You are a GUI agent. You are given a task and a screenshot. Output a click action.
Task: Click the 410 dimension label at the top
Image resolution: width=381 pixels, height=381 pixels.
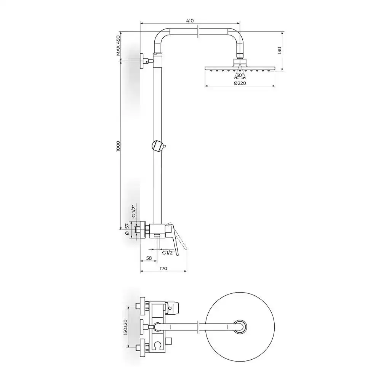190,21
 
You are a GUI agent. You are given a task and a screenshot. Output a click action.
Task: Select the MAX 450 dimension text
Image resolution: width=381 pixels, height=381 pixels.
118,46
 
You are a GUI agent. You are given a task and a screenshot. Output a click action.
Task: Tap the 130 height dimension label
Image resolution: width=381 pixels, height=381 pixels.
279,51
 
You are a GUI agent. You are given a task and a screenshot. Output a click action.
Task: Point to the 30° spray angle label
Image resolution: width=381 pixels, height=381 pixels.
240,75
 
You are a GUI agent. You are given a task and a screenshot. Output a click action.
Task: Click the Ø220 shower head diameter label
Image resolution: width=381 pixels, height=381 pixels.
240,83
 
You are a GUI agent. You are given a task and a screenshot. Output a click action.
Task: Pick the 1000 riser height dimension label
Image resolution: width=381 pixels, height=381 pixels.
118,146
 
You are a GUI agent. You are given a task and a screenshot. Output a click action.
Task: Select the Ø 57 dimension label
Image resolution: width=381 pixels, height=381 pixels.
126,229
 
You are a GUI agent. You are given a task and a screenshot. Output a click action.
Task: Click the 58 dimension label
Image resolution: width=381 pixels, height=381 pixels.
149,258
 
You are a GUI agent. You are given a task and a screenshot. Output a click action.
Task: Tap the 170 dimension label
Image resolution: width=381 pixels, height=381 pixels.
163,268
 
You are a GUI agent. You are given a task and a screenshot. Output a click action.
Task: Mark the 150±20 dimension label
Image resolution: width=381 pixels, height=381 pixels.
125,327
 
